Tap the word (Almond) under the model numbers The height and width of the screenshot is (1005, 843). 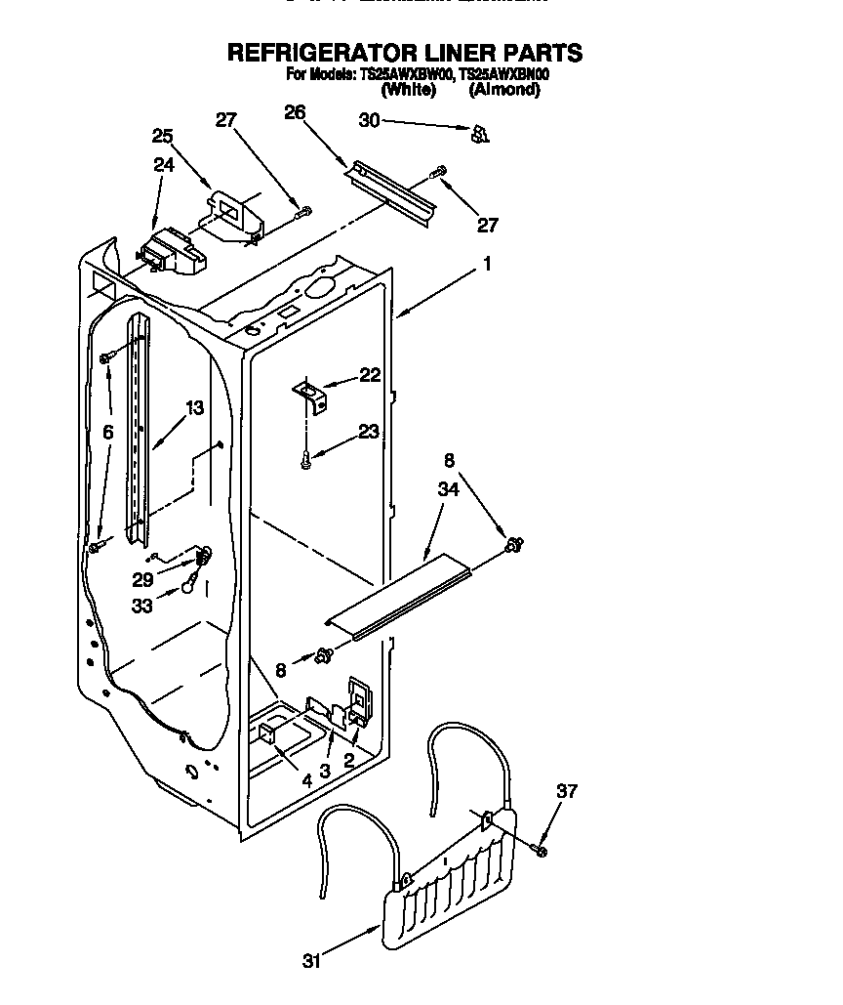click(x=503, y=90)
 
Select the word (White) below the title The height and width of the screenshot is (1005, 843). click(x=408, y=90)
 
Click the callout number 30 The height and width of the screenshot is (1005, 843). click(x=370, y=121)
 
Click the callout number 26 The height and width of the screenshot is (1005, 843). click(x=296, y=112)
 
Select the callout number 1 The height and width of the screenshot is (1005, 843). click(x=486, y=264)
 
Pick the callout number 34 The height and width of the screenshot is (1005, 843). click(x=449, y=490)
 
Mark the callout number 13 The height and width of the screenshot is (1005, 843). click(x=195, y=408)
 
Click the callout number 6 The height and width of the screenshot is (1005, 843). click(x=107, y=432)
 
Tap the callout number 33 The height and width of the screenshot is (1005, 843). click(x=141, y=605)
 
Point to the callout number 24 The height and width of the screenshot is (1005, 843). click(x=163, y=165)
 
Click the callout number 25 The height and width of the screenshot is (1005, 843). click(x=162, y=136)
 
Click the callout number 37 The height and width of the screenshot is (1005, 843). click(x=566, y=791)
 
